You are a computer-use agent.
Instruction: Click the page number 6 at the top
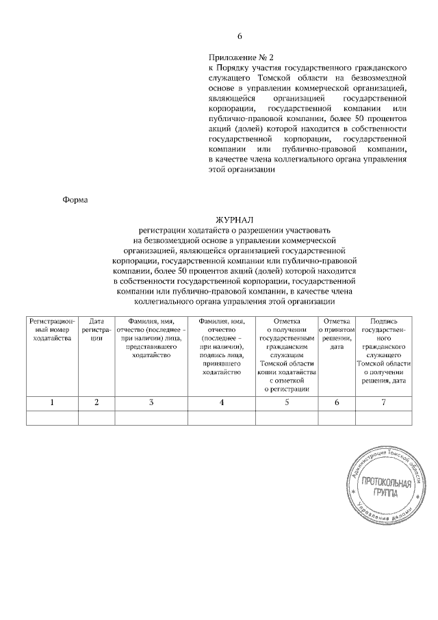tap(240, 36)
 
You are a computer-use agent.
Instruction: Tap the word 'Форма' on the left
tap(75, 201)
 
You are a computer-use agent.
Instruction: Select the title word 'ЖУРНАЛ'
tap(235, 220)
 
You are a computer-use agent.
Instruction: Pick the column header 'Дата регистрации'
tap(96, 330)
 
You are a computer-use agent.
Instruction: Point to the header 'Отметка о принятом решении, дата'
tap(337, 334)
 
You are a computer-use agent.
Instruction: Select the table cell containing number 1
tap(52, 402)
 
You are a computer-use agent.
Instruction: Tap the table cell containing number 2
tap(96, 402)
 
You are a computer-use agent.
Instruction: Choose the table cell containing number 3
tap(151, 402)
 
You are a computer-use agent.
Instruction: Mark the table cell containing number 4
tap(222, 402)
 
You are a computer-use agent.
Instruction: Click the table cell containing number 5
tap(287, 402)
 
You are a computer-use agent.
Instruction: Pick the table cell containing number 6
tap(337, 402)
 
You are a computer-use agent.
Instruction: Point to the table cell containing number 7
tap(383, 402)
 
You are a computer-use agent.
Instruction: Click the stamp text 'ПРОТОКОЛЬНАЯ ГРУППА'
tap(387, 488)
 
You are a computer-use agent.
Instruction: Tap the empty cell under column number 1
tap(52, 417)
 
